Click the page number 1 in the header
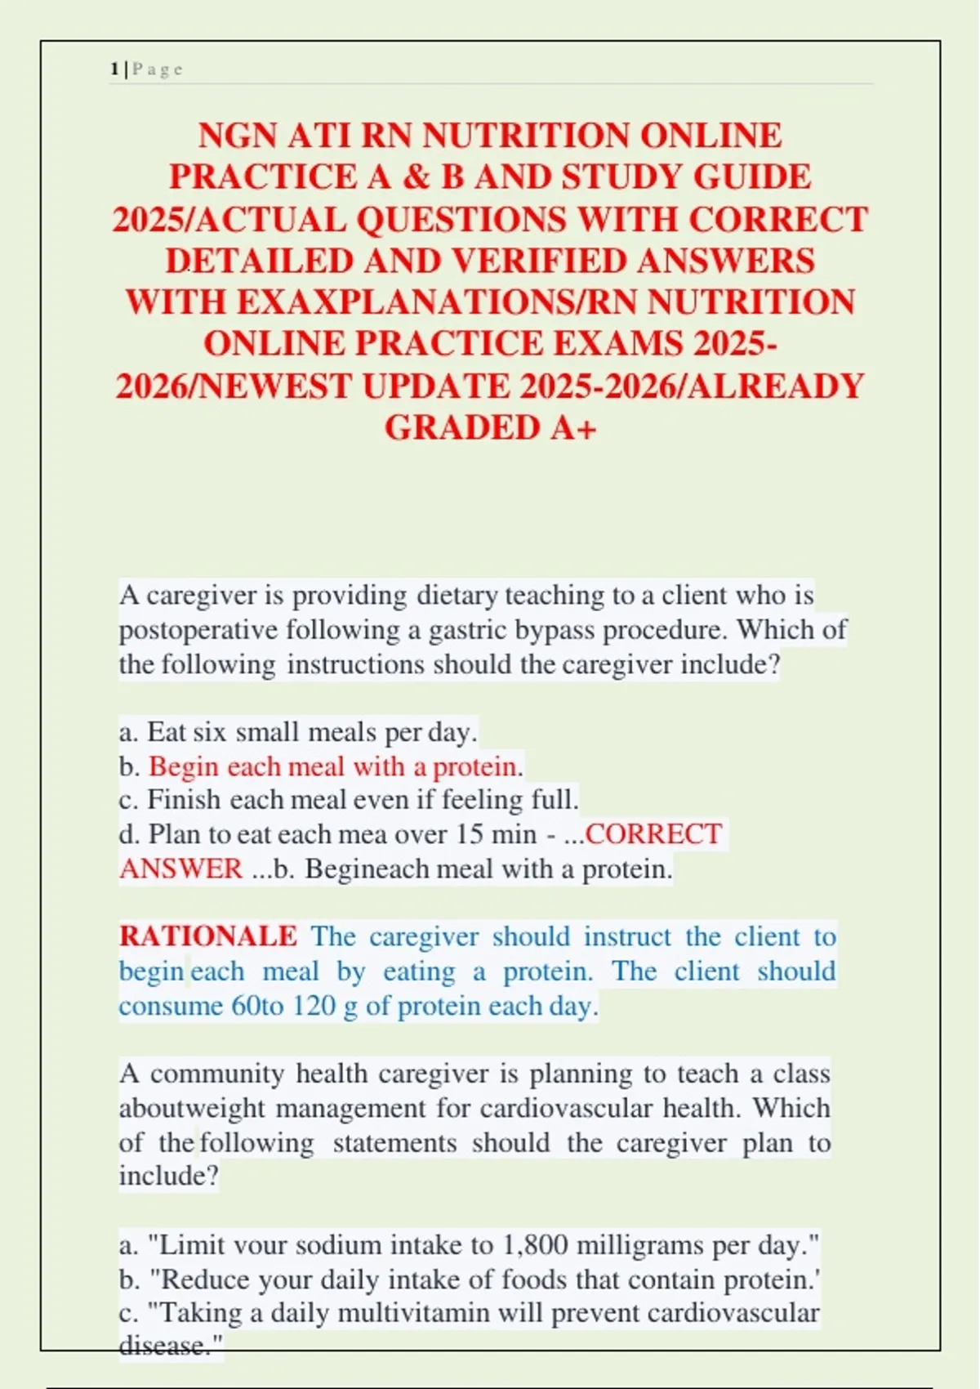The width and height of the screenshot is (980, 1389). [114, 69]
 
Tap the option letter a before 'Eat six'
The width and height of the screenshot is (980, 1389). [125, 732]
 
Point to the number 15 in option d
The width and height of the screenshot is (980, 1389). [470, 834]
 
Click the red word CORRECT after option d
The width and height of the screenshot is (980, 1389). [653, 834]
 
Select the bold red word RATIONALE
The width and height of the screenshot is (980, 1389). [208, 936]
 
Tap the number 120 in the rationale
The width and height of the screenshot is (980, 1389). [314, 1006]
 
